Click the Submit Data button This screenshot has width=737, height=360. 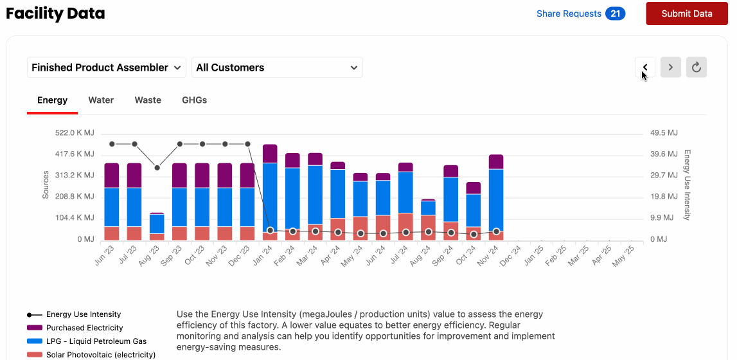point(686,14)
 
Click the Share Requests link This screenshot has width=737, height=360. point(569,14)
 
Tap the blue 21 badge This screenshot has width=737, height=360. point(615,14)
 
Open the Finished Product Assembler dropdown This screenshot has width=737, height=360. point(106,67)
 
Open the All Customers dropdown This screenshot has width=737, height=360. point(277,67)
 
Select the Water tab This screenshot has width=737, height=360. point(101,100)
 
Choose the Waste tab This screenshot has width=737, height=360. point(148,100)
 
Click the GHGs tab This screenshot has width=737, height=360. point(194,100)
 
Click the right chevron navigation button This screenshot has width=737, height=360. point(671,67)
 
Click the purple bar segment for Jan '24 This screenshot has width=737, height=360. point(270,154)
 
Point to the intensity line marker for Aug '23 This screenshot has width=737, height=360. point(157,168)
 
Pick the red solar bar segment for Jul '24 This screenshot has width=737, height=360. point(405,226)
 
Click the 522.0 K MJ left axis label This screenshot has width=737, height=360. point(75,133)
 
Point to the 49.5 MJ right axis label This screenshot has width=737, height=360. point(664,133)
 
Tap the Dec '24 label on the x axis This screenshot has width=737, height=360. point(511,252)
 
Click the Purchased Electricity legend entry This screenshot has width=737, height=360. point(84,328)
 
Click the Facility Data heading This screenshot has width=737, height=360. point(55,14)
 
